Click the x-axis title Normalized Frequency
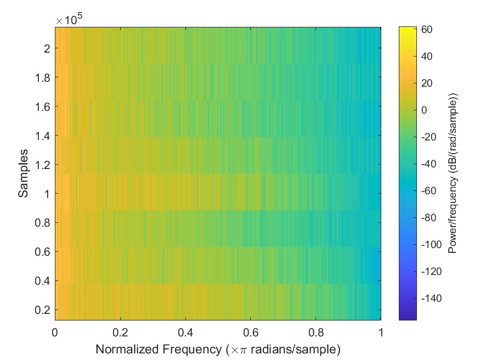(218, 349)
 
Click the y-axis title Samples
(23, 173)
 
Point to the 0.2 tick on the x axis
(120, 333)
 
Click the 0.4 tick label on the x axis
(185, 333)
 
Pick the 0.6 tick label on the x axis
(250, 333)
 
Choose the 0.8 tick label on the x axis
(315, 333)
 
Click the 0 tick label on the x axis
(55, 333)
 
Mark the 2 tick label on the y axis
(47, 48)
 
